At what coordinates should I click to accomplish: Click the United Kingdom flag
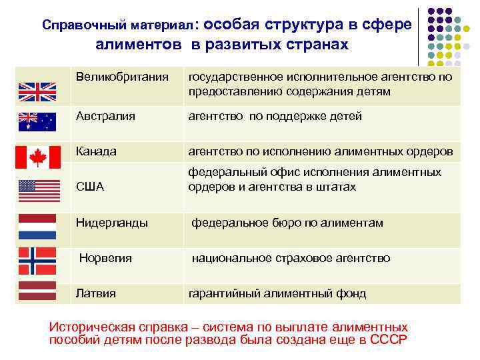click(37, 91)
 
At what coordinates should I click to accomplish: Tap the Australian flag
click(37, 121)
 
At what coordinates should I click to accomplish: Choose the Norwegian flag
click(37, 261)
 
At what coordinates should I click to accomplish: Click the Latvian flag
click(37, 291)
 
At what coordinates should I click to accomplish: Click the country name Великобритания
click(122, 77)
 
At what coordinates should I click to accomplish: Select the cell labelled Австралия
click(105, 116)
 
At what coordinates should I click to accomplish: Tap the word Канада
click(96, 151)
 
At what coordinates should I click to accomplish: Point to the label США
click(90, 187)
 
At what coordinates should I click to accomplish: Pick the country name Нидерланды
click(111, 223)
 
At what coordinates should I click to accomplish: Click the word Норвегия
click(106, 258)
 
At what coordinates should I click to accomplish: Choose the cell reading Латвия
click(95, 293)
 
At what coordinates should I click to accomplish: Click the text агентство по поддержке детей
click(275, 116)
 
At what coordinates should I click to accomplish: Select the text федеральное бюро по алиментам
click(287, 223)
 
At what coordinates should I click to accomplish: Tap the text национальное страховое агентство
click(291, 258)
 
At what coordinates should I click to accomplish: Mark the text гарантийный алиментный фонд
click(277, 293)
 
